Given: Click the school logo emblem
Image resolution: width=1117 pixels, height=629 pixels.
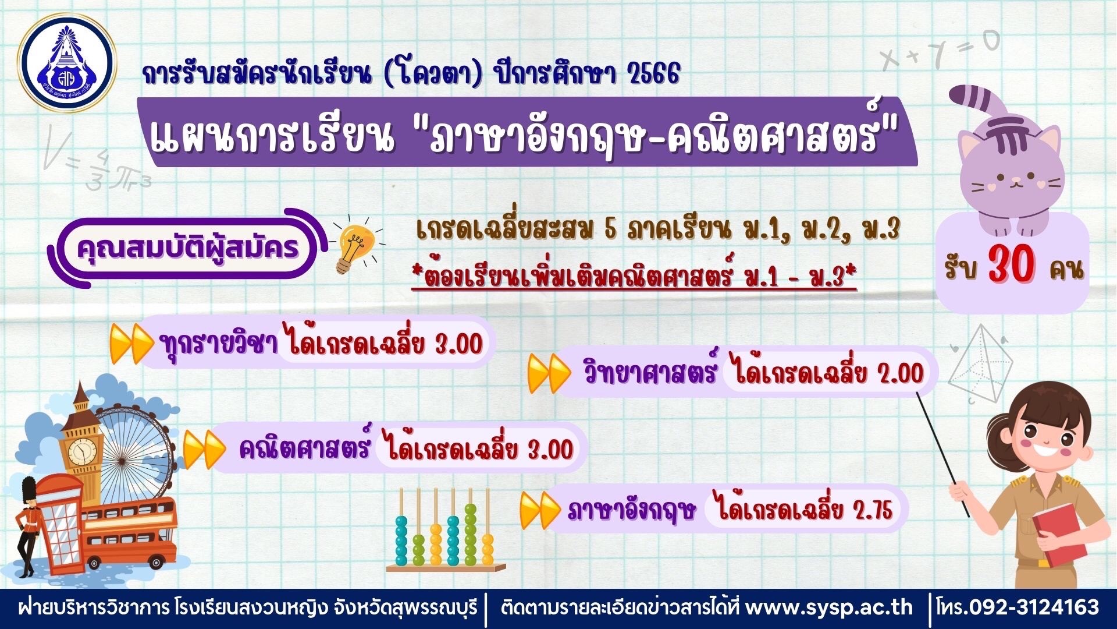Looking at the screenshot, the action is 67,62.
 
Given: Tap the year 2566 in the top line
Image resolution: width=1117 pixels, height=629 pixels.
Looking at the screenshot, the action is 654,74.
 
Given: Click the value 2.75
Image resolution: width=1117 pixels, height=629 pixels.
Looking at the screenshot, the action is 873,510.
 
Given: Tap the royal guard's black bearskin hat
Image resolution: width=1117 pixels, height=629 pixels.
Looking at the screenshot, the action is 29,490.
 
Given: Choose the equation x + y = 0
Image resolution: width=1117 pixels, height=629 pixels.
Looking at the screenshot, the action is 940,51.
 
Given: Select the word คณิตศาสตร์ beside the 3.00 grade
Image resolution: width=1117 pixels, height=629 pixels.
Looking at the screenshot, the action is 305,448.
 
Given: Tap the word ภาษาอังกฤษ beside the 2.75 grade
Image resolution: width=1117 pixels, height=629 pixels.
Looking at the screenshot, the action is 632,511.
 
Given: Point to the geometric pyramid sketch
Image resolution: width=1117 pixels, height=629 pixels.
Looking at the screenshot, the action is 980,364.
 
